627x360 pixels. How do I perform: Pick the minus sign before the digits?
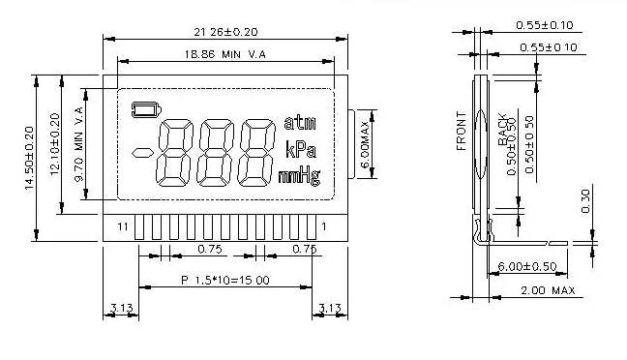click(143, 152)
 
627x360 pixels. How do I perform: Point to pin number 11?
click(122, 226)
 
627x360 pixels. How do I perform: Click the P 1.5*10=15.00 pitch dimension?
click(224, 280)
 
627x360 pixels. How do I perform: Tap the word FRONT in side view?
click(463, 135)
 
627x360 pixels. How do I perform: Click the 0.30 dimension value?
click(584, 200)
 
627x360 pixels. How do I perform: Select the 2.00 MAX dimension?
click(548, 290)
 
